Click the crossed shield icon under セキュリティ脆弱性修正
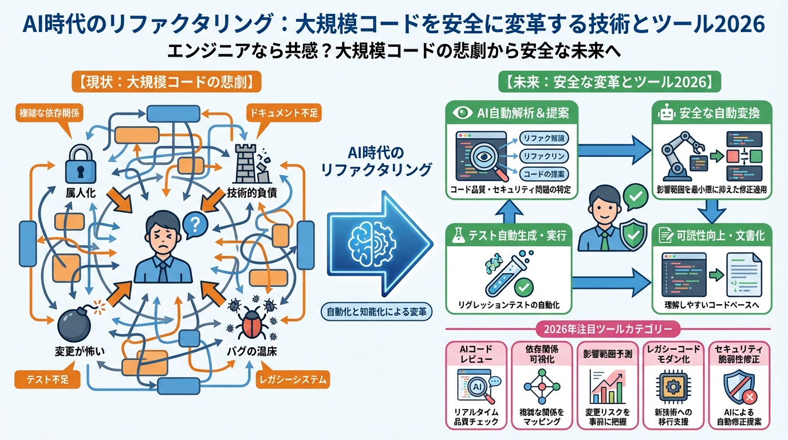pyautogui.click(x=738, y=387)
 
